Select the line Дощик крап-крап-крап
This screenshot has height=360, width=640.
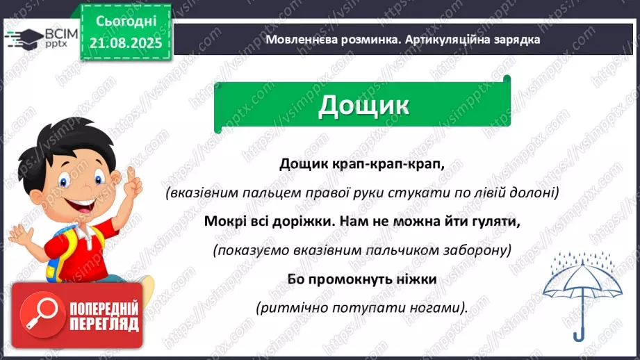[361, 163]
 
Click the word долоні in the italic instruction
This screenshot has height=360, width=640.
[532, 193]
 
